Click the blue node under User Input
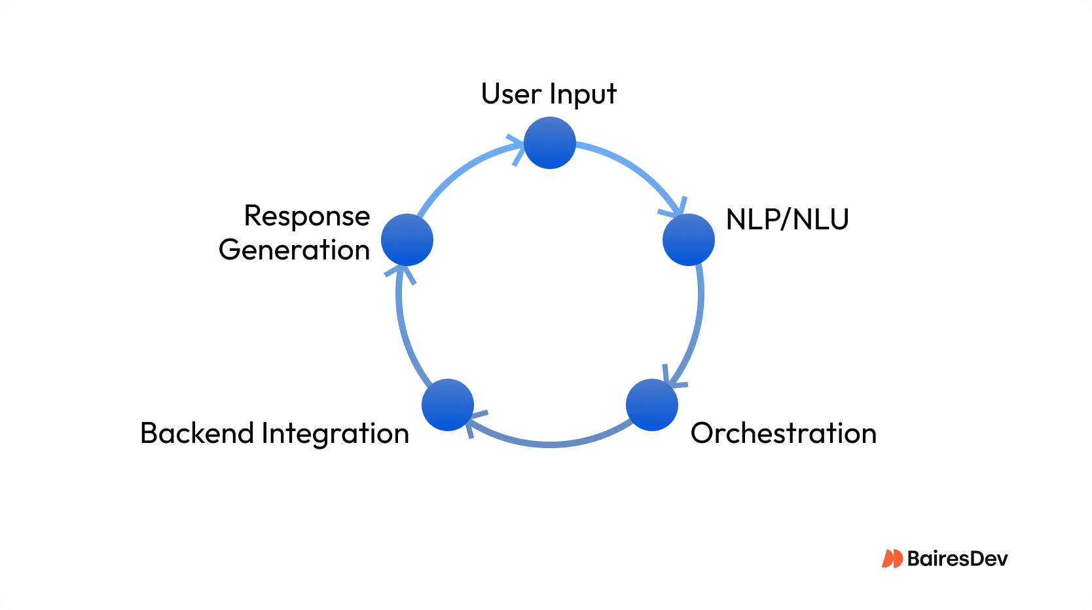tap(550, 143)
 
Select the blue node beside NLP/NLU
tap(688, 240)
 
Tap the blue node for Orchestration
tap(651, 405)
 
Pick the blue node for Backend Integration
tap(448, 405)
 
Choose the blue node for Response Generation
tap(407, 240)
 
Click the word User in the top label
tap(511, 94)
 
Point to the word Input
tap(582, 96)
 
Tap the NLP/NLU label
tap(787, 219)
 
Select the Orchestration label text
tap(783, 433)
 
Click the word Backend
tap(197, 433)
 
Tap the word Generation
tap(294, 250)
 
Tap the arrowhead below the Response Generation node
tap(400, 273)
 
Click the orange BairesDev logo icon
tap(892, 558)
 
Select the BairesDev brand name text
tap(957, 559)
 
